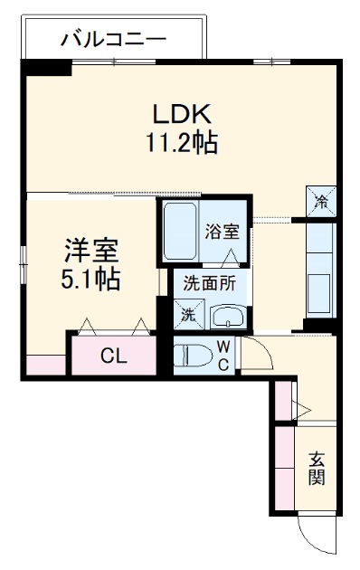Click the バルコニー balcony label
[113, 39]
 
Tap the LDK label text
[180, 114]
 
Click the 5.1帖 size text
[90, 279]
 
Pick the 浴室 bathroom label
[222, 231]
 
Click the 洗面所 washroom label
[209, 282]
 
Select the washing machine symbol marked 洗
[189, 315]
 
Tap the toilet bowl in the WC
[194, 354]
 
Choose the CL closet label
[113, 356]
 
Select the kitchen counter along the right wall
[321, 271]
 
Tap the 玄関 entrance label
[316, 468]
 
